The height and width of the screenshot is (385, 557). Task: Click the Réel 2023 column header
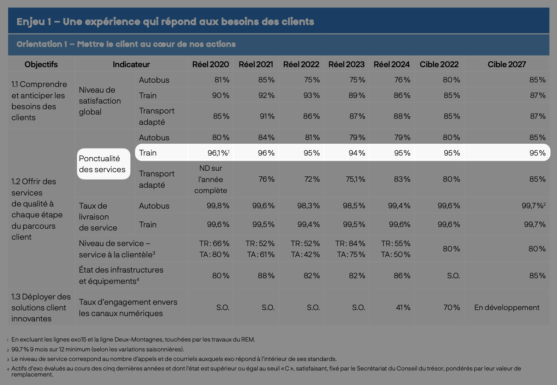(x=346, y=64)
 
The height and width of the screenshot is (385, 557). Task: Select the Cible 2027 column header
(x=506, y=64)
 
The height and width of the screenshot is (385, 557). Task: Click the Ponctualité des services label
(x=102, y=164)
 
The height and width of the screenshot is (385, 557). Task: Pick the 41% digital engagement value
(x=403, y=308)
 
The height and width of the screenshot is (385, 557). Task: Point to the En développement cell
(x=506, y=308)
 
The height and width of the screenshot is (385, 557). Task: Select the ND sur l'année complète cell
(x=211, y=179)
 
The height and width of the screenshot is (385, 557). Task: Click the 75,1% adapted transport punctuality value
(x=355, y=179)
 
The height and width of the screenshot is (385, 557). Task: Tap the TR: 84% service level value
(x=350, y=244)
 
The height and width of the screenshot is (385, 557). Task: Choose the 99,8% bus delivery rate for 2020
(x=218, y=206)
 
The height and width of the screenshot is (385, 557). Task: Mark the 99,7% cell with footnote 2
(x=533, y=206)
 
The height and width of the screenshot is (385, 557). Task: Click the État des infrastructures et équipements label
(x=121, y=275)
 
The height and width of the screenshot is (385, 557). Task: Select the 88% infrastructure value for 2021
(x=266, y=276)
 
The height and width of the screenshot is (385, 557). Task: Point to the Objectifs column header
(x=41, y=64)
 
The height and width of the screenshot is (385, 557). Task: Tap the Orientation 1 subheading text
(x=126, y=44)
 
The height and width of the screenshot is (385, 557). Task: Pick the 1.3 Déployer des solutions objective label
(x=41, y=308)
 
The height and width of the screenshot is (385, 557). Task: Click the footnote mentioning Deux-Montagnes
(x=133, y=339)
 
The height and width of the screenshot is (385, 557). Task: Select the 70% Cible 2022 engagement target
(x=451, y=308)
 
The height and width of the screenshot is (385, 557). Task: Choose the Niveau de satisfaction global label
(x=100, y=101)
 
